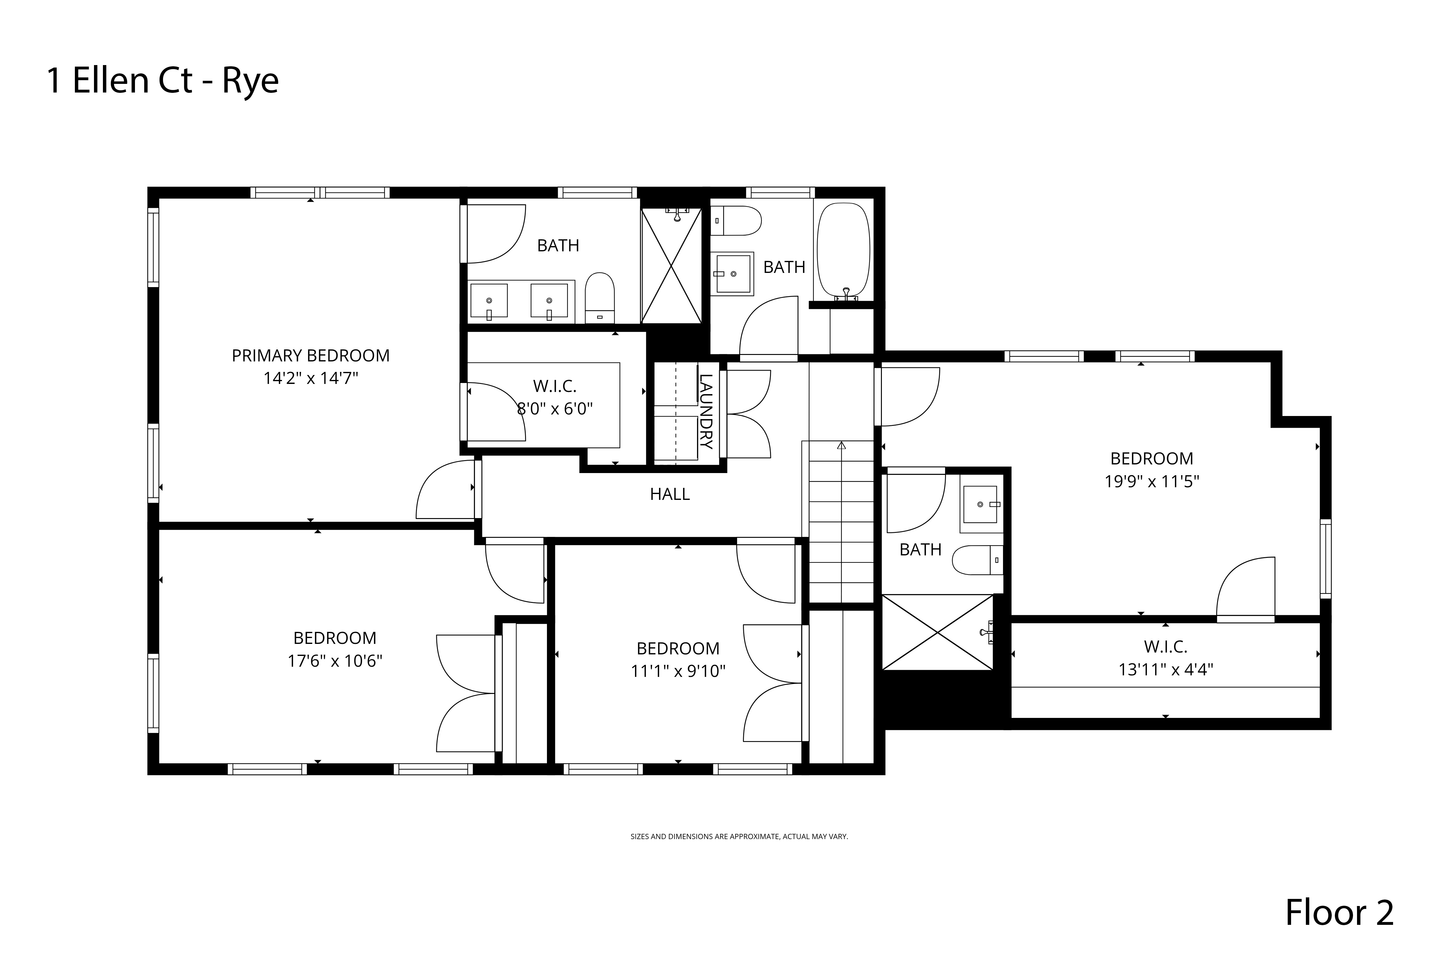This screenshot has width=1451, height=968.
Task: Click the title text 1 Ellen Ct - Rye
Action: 163,81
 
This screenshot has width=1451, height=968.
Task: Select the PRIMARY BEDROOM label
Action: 310,356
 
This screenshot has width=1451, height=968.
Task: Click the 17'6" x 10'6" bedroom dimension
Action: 335,661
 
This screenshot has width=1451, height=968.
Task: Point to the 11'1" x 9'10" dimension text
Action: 678,671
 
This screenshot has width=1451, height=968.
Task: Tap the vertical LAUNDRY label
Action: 706,411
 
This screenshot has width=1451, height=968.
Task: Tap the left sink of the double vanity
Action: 489,301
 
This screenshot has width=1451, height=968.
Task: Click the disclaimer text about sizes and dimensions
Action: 739,837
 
